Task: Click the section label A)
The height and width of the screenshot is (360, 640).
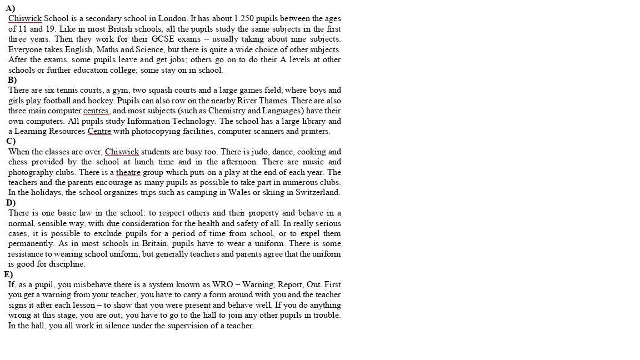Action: click(10, 8)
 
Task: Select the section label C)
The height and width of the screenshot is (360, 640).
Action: click(11, 141)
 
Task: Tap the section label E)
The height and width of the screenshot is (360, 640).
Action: click(8, 274)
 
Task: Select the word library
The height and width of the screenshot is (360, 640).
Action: click(314, 121)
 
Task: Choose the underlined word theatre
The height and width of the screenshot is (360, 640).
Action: click(128, 172)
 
